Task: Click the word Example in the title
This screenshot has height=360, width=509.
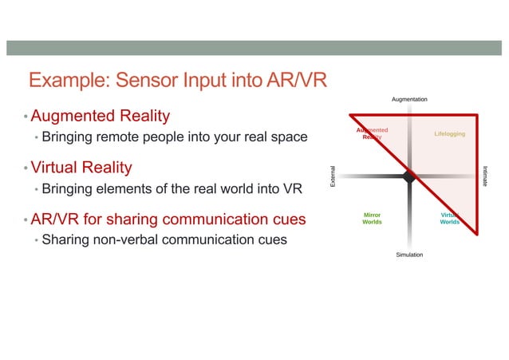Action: point(68,81)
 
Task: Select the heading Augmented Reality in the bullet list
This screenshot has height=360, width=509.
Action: point(100,117)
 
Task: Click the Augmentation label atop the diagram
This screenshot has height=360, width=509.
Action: point(409,99)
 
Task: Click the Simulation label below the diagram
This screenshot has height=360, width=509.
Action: point(409,255)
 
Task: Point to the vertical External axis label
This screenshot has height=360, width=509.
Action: point(333,177)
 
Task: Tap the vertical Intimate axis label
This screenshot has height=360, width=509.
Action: point(486,177)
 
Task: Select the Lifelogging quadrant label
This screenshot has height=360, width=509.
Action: point(450,133)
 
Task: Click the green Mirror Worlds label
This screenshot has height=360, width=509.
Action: point(372,219)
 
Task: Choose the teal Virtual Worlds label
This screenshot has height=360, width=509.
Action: point(450,219)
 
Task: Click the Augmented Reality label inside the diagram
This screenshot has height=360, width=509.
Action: point(372,133)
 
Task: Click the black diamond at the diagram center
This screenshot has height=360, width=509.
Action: point(409,177)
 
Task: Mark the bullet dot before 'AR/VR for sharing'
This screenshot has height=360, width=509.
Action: point(25,220)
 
